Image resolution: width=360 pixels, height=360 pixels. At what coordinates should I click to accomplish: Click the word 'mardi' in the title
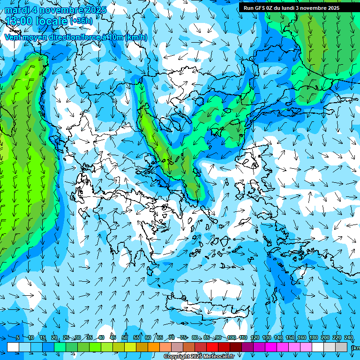pyautogui.click(x=17, y=9)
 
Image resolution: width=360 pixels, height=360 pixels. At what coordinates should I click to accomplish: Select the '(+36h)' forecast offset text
pyautogui.click(x=81, y=21)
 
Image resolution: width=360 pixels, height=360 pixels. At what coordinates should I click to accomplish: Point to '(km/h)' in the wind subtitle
pyautogui.click(x=136, y=37)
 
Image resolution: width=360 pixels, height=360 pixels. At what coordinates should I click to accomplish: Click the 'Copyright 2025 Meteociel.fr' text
pyautogui.click(x=199, y=357)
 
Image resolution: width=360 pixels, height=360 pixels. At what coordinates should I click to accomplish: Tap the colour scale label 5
pyautogui.click(x=17, y=338)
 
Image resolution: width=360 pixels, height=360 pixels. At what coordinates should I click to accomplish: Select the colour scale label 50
pyautogui.click(x=125, y=338)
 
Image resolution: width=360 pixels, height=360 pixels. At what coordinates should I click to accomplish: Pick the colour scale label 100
pyautogui.click(x=232, y=338)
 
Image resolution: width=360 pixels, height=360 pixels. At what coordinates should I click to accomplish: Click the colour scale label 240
pyautogui.click(x=348, y=338)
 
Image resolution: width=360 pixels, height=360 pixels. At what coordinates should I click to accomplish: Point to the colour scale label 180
pyautogui.click(x=314, y=338)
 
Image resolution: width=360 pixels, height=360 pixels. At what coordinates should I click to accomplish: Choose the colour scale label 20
pyautogui.click(x=54, y=338)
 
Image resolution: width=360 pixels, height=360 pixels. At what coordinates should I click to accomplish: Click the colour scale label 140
pyautogui.click(x=278, y=338)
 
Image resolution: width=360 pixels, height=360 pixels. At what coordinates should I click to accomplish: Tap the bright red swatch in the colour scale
pyautogui.click(x=212, y=347)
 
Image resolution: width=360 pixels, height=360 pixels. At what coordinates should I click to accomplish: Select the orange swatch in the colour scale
pyautogui.click(x=154, y=347)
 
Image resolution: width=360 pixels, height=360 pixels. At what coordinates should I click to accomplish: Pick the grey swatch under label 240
pyautogui.click(x=341, y=347)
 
